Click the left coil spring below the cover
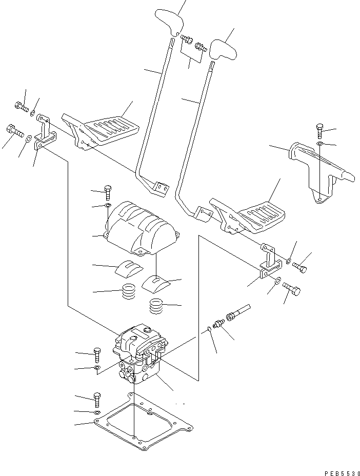coord(128,293)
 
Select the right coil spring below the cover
coord(158,307)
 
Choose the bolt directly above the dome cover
coord(108,192)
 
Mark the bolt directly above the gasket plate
coord(97,398)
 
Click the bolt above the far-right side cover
coord(319,130)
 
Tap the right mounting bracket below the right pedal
coord(270,262)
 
